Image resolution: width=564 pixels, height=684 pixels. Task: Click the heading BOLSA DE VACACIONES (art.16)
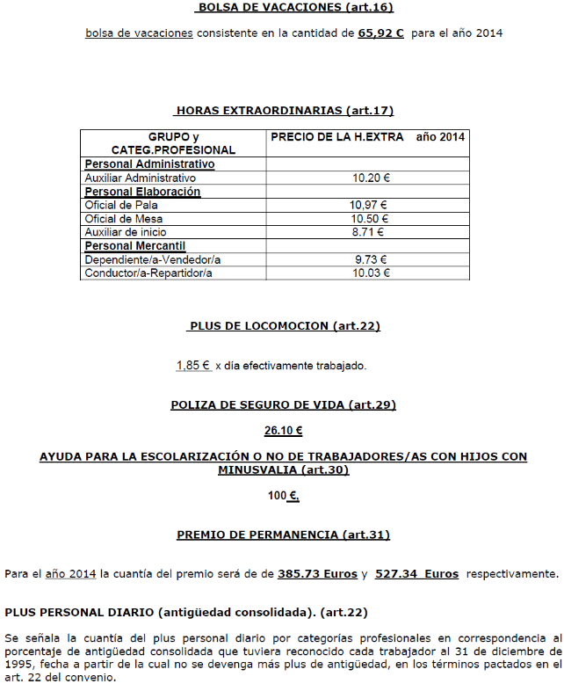tap(295, 8)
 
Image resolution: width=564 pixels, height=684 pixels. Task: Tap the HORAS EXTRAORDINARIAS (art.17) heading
tap(285, 111)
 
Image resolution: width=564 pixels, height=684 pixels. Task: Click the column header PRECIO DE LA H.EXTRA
tap(337, 137)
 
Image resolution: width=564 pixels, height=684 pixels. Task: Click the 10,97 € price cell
tap(370, 205)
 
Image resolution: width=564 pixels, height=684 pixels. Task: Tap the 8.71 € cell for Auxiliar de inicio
tap(370, 232)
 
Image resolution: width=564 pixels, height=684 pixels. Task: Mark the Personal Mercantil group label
tap(134, 245)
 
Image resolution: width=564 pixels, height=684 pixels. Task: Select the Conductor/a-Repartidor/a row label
tap(148, 273)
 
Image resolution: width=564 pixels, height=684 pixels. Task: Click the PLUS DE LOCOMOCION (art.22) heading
tap(285, 326)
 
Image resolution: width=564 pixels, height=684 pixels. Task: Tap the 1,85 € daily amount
tap(193, 366)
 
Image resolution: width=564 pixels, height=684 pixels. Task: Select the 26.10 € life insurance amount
tap(283, 431)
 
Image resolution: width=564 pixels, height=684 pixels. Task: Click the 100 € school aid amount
tap(283, 496)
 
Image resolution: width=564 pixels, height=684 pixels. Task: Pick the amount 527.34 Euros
tap(416, 574)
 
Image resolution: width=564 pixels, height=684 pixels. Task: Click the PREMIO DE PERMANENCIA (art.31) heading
tap(283, 535)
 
